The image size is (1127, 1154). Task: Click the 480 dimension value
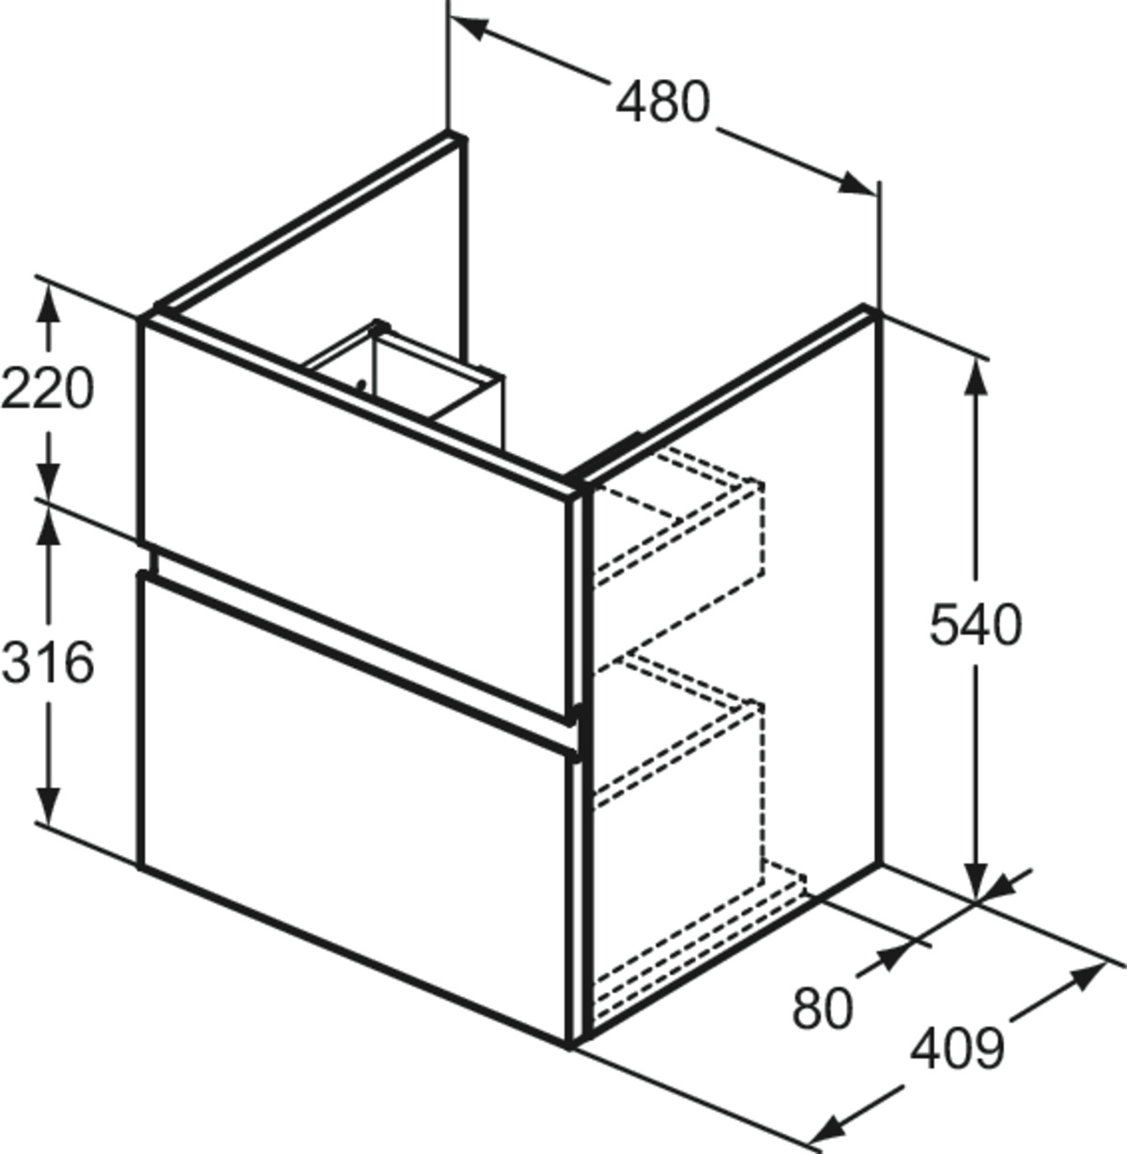(x=662, y=102)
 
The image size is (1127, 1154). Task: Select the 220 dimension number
(x=47, y=388)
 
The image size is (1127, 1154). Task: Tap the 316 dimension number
(x=47, y=663)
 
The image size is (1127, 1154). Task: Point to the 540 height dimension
(x=976, y=625)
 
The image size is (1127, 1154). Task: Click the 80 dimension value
(x=823, y=1008)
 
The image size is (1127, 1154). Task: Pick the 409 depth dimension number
(x=957, y=1049)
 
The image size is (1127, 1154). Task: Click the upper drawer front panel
(x=356, y=517)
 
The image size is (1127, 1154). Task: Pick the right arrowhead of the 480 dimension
(x=857, y=184)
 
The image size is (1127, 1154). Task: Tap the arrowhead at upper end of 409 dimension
(x=1088, y=975)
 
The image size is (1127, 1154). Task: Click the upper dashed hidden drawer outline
(x=678, y=522)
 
